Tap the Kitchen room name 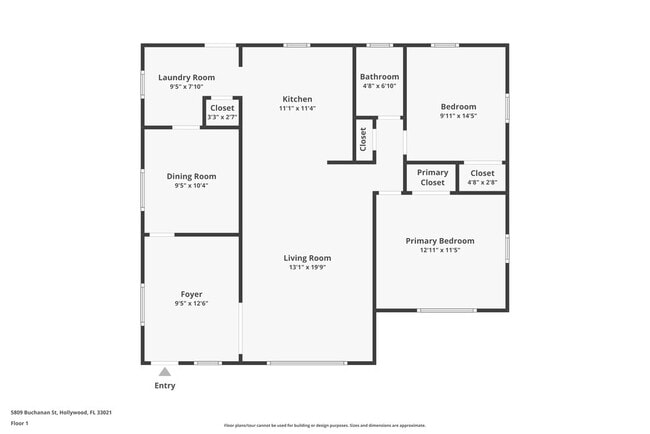tap(297, 99)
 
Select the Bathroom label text tap(379, 77)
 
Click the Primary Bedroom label tap(439, 241)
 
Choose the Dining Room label tap(191, 176)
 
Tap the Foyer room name tap(191, 295)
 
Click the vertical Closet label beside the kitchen tap(364, 139)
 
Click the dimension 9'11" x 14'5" tap(458, 116)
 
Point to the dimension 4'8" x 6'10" tap(379, 86)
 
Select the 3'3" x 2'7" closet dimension tap(222, 117)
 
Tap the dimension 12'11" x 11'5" tap(439, 250)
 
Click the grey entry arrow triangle tap(165, 371)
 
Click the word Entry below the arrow tap(165, 386)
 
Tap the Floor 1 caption tap(19, 423)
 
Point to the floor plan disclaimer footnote tap(324, 425)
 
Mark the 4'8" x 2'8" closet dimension tap(482, 182)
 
